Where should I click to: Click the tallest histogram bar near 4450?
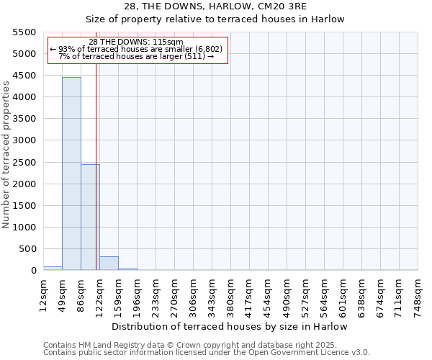point(71,173)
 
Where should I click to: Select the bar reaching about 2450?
point(90,217)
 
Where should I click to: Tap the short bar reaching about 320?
point(109,264)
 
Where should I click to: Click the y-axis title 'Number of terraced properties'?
point(7,155)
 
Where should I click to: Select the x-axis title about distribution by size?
point(230,326)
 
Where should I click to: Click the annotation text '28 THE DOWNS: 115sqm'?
point(136,42)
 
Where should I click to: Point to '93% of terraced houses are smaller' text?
point(136,49)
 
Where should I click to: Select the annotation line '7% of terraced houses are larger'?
point(136,56)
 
